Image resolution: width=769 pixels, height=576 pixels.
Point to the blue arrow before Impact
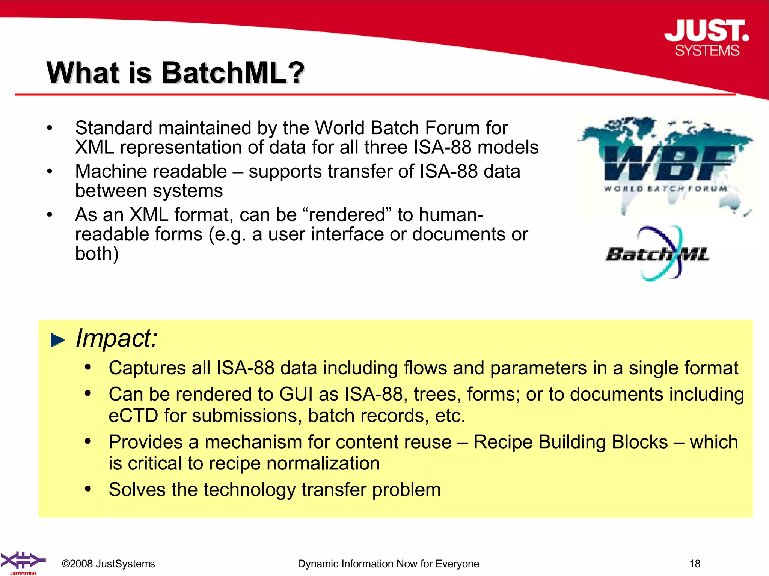tap(57, 340)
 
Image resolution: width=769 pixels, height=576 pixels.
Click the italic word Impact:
tap(116, 338)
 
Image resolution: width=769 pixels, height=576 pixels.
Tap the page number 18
tap(695, 564)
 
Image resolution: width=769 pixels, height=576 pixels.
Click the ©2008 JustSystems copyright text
tap(109, 564)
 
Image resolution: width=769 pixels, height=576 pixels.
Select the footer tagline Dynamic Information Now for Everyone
tap(388, 564)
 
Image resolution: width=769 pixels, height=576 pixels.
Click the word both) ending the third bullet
tap(97, 253)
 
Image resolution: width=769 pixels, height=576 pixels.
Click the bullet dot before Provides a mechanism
tap(88, 441)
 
